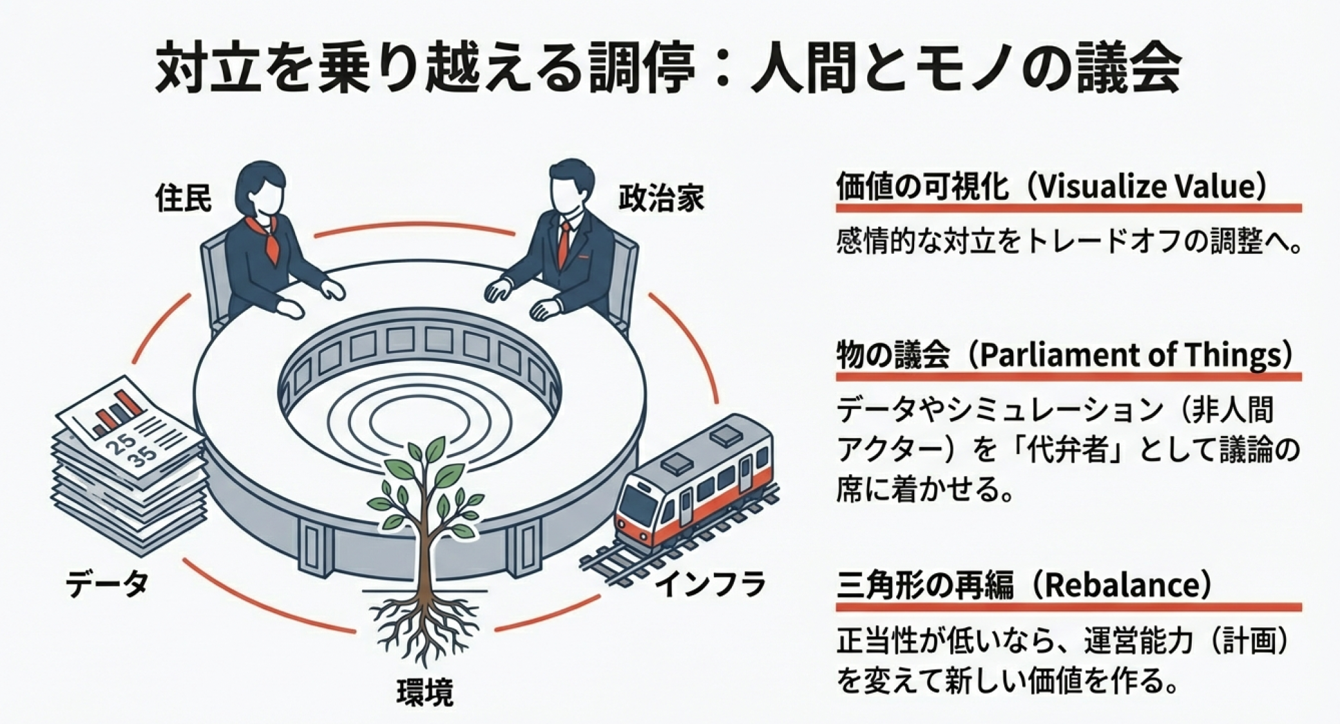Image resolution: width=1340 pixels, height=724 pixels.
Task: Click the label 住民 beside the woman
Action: (184, 198)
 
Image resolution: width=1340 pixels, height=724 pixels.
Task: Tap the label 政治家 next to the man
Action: (661, 198)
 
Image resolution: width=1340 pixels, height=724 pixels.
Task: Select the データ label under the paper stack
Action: (107, 584)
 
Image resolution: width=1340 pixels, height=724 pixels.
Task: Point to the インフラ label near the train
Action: (711, 584)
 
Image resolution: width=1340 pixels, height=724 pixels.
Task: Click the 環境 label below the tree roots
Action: (425, 692)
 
